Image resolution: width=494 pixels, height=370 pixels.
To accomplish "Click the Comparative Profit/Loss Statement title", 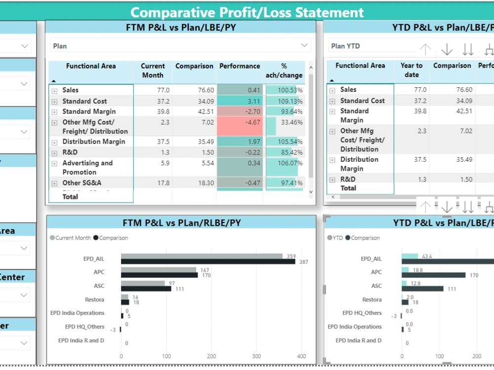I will [x=247, y=12].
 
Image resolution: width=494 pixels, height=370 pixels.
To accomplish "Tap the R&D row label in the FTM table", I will [x=70, y=152].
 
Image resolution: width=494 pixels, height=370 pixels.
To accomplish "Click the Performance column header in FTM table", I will [x=240, y=66].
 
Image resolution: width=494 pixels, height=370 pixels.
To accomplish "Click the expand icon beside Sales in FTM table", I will [x=54, y=91].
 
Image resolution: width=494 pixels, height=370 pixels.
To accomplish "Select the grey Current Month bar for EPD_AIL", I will [x=202, y=256].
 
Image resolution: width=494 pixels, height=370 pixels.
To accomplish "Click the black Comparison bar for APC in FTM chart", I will [x=159, y=275].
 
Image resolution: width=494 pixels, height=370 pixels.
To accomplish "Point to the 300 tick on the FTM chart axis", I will [x=256, y=356].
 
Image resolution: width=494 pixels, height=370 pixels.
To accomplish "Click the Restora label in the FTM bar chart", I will [x=94, y=299].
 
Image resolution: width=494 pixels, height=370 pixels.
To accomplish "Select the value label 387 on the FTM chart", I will [x=303, y=262].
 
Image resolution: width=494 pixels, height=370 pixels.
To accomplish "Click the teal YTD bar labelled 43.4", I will [x=410, y=256].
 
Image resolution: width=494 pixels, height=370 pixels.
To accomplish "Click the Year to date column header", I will [x=412, y=70].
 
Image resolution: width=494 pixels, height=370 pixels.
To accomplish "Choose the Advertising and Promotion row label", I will [x=87, y=168].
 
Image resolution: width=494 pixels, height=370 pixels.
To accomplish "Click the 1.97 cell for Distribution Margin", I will [x=240, y=142].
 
